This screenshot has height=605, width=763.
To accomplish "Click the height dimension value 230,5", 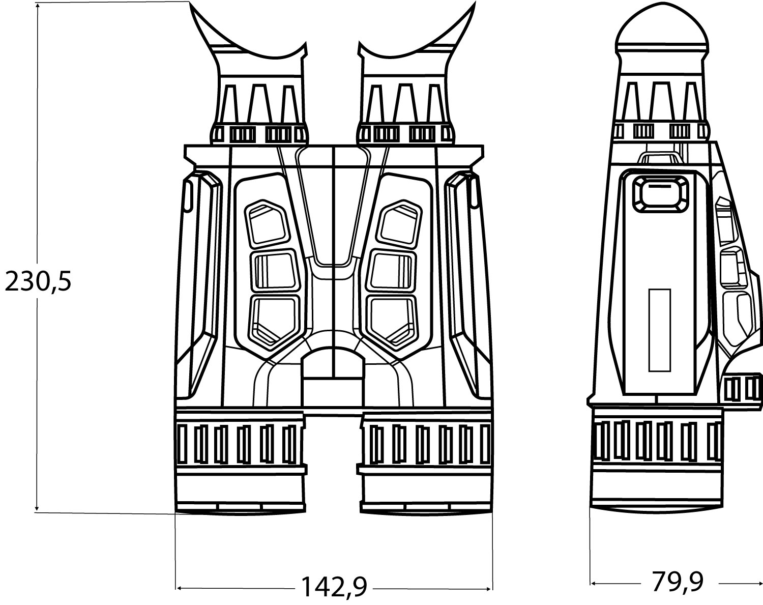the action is pos(38,281).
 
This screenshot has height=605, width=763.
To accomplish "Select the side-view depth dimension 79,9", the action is pos(678,582).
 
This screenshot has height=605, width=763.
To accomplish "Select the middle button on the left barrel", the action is pos(275,270).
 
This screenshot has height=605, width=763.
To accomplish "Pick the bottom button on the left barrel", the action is pos(275,322).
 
